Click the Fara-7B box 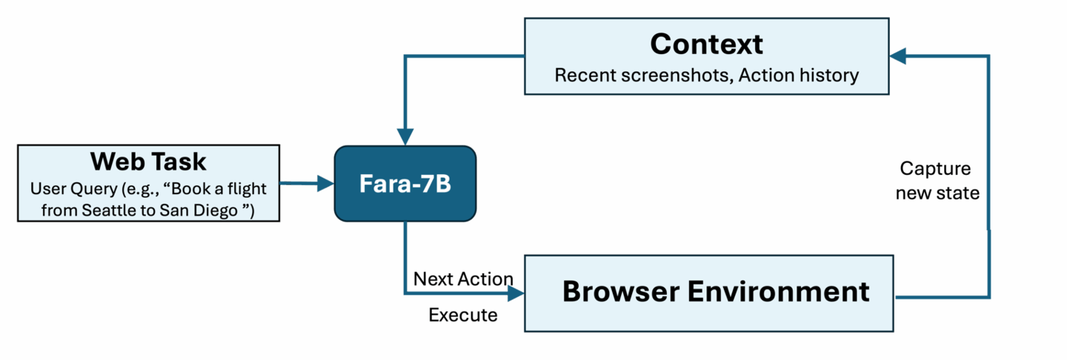point(405,184)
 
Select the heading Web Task point(148,161)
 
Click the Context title point(706,44)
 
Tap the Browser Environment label point(715,291)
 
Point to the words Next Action point(463,279)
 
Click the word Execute point(463,315)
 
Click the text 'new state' point(937,193)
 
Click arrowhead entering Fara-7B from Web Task point(326,184)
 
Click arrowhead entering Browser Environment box point(516,293)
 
